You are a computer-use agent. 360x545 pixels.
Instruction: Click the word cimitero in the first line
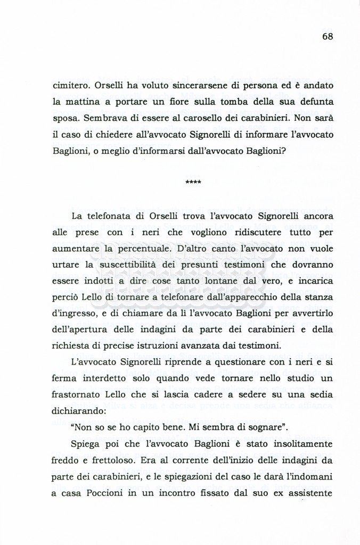71,86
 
